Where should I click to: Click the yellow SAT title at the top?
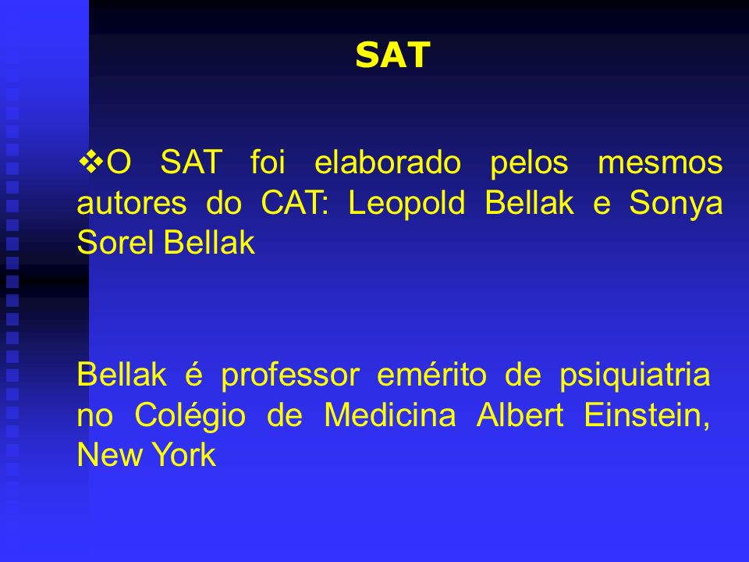(x=393, y=55)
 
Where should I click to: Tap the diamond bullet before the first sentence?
(x=91, y=162)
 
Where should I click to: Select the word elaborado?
(x=388, y=162)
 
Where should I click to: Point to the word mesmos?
(x=660, y=163)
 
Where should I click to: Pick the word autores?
(x=131, y=204)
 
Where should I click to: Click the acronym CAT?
(x=291, y=202)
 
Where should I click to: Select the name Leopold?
(x=406, y=204)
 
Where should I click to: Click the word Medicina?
(x=390, y=414)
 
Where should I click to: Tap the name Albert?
(x=520, y=414)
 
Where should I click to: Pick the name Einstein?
(x=646, y=414)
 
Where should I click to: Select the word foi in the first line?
(x=268, y=162)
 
